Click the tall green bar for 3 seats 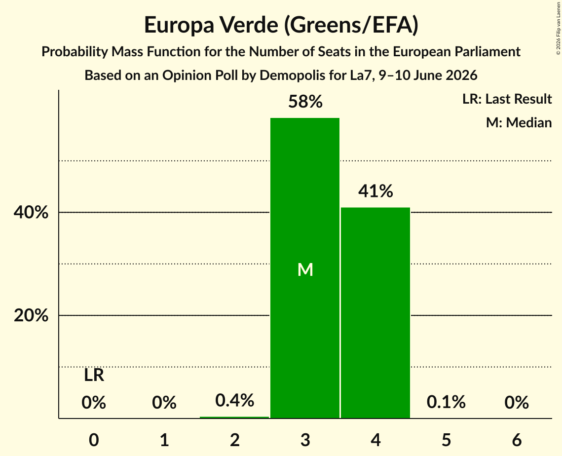pos(304,268)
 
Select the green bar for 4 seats pos(375,312)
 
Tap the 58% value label pos(305,102)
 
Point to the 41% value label pos(375,191)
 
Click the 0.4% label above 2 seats pos(235,400)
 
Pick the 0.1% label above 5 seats pos(446,402)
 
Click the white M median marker pos(305,269)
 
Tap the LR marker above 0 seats pos(94,376)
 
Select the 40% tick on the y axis pos(31,212)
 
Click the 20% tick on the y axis pos(31,315)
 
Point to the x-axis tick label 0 pos(94,440)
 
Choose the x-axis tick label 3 pos(305,440)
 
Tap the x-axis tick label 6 pos(517,440)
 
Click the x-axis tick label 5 pos(446,440)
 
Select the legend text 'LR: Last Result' pos(507,99)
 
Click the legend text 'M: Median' pos(519,122)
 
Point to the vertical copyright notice pos(558,29)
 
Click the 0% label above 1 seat pos(164,402)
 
